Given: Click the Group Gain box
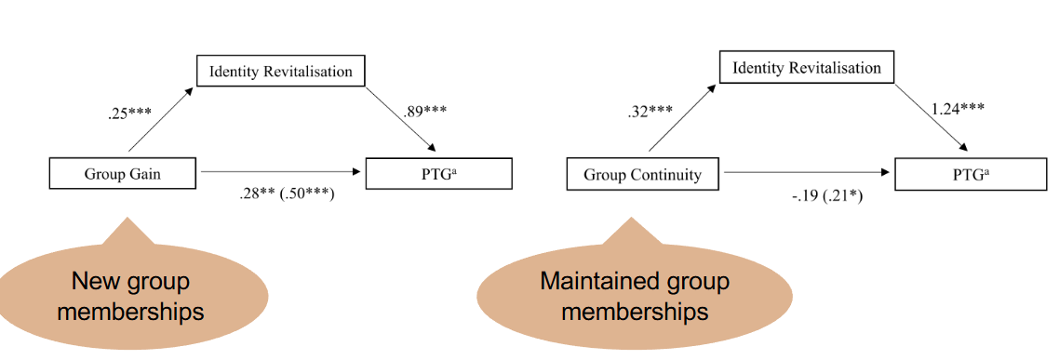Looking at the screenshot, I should pyautogui.click(x=122, y=173).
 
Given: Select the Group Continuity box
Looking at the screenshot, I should pyautogui.click(x=642, y=174).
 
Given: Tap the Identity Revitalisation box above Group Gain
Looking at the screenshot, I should pyautogui.click(x=280, y=72).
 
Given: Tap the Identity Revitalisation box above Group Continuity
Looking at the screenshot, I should pyautogui.click(x=806, y=68).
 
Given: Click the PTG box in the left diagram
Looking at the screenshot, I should pyautogui.click(x=439, y=173).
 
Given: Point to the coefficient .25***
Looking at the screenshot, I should pyautogui.click(x=128, y=115).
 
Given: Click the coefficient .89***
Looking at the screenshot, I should pyautogui.click(x=423, y=112).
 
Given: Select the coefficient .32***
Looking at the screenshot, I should pyautogui.click(x=650, y=113).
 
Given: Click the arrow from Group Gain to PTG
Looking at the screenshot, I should pyautogui.click(x=279, y=173).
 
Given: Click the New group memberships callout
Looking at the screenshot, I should pyautogui.click(x=130, y=296).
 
